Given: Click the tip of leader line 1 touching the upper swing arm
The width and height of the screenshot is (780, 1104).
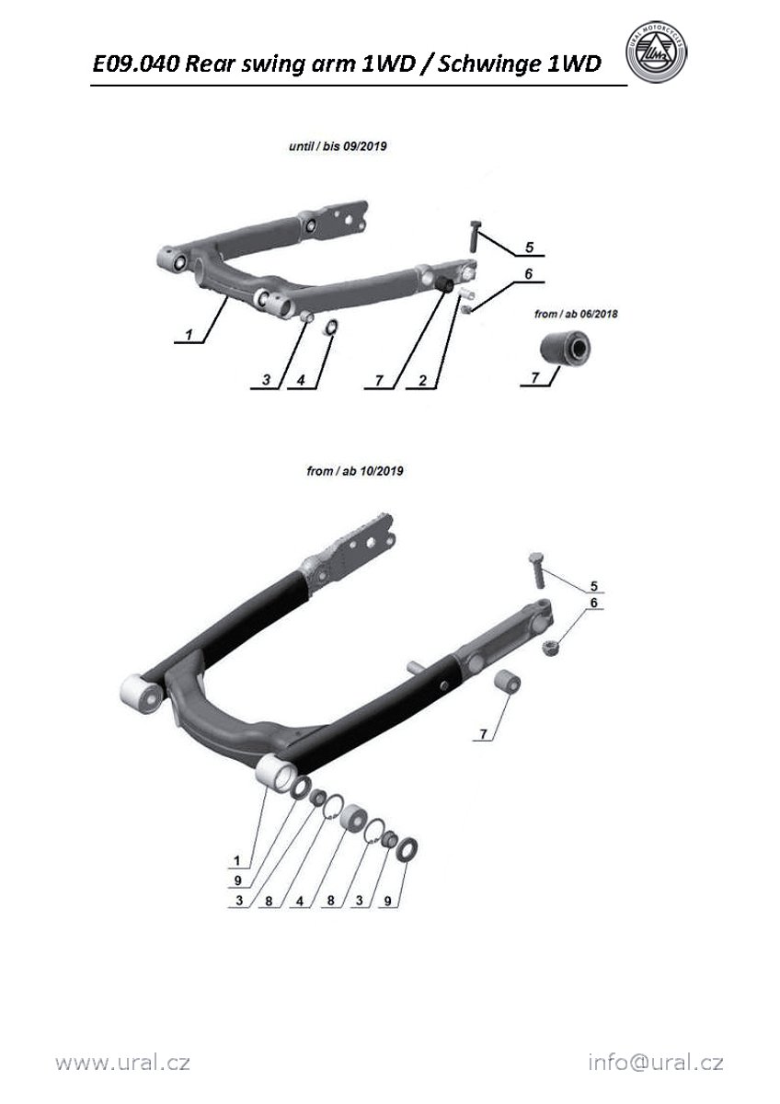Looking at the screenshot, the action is pos(226,297).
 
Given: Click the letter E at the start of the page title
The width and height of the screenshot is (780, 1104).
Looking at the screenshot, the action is pos(99,63).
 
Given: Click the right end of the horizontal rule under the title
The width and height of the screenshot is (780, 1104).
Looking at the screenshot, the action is pos(627,86).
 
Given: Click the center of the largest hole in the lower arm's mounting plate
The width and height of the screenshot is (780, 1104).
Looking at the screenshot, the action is pos(370,542).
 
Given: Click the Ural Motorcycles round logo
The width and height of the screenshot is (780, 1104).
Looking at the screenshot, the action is pos(656,52).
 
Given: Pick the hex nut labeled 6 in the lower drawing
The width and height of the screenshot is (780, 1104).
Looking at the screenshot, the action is pos(549,646).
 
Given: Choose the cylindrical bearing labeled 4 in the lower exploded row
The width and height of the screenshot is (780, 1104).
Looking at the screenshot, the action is pos(354,818).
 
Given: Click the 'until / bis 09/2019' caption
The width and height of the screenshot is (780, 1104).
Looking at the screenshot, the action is pos(338,146).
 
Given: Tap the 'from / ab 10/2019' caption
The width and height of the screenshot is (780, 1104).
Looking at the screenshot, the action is pos(355,471).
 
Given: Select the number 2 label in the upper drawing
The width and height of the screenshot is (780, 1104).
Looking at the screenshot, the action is pos(422,381).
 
